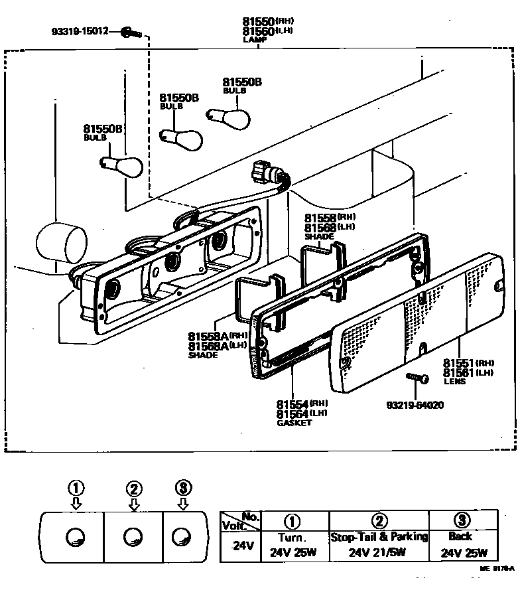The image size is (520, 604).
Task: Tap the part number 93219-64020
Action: tap(415, 404)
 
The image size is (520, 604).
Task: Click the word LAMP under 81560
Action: tap(255, 40)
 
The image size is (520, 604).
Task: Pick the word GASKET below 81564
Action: tap(293, 423)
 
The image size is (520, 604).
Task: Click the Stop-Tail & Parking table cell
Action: tap(379, 537)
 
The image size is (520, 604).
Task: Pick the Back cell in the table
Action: tap(460, 537)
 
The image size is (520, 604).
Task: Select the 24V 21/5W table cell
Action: tap(379, 552)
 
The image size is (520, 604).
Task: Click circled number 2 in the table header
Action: tap(379, 519)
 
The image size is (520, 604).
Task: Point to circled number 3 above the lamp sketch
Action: tap(182, 489)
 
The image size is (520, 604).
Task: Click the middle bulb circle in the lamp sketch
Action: tap(133, 536)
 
